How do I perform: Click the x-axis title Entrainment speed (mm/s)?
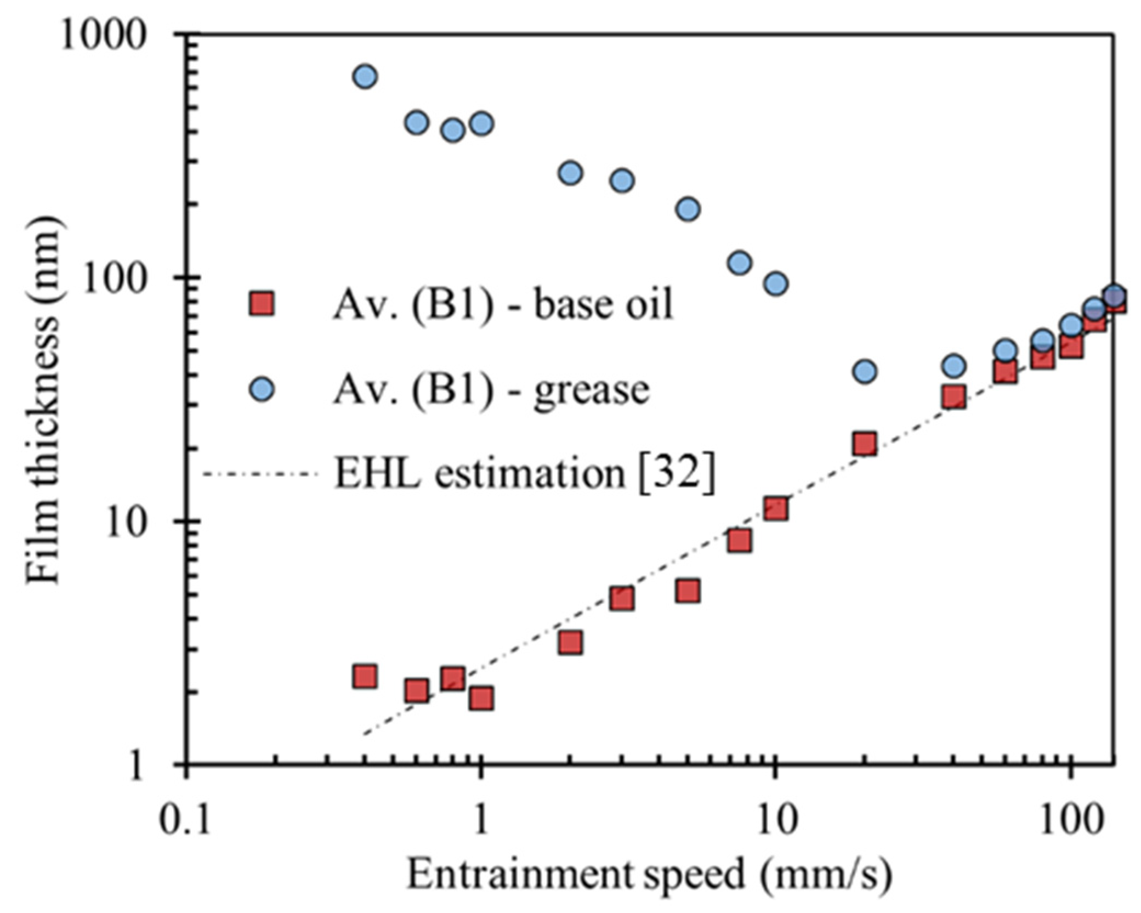(x=649, y=874)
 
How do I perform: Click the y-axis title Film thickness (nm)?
(x=43, y=400)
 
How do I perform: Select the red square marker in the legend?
(x=262, y=303)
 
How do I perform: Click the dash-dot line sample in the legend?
(x=260, y=473)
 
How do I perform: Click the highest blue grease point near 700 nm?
(x=365, y=77)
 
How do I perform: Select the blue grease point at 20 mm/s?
(x=865, y=371)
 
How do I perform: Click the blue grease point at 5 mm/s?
(x=688, y=209)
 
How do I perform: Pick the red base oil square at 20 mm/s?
(x=865, y=444)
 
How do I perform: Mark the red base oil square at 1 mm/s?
(x=481, y=699)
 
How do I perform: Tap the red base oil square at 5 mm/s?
(x=688, y=591)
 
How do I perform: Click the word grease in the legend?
(x=592, y=390)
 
